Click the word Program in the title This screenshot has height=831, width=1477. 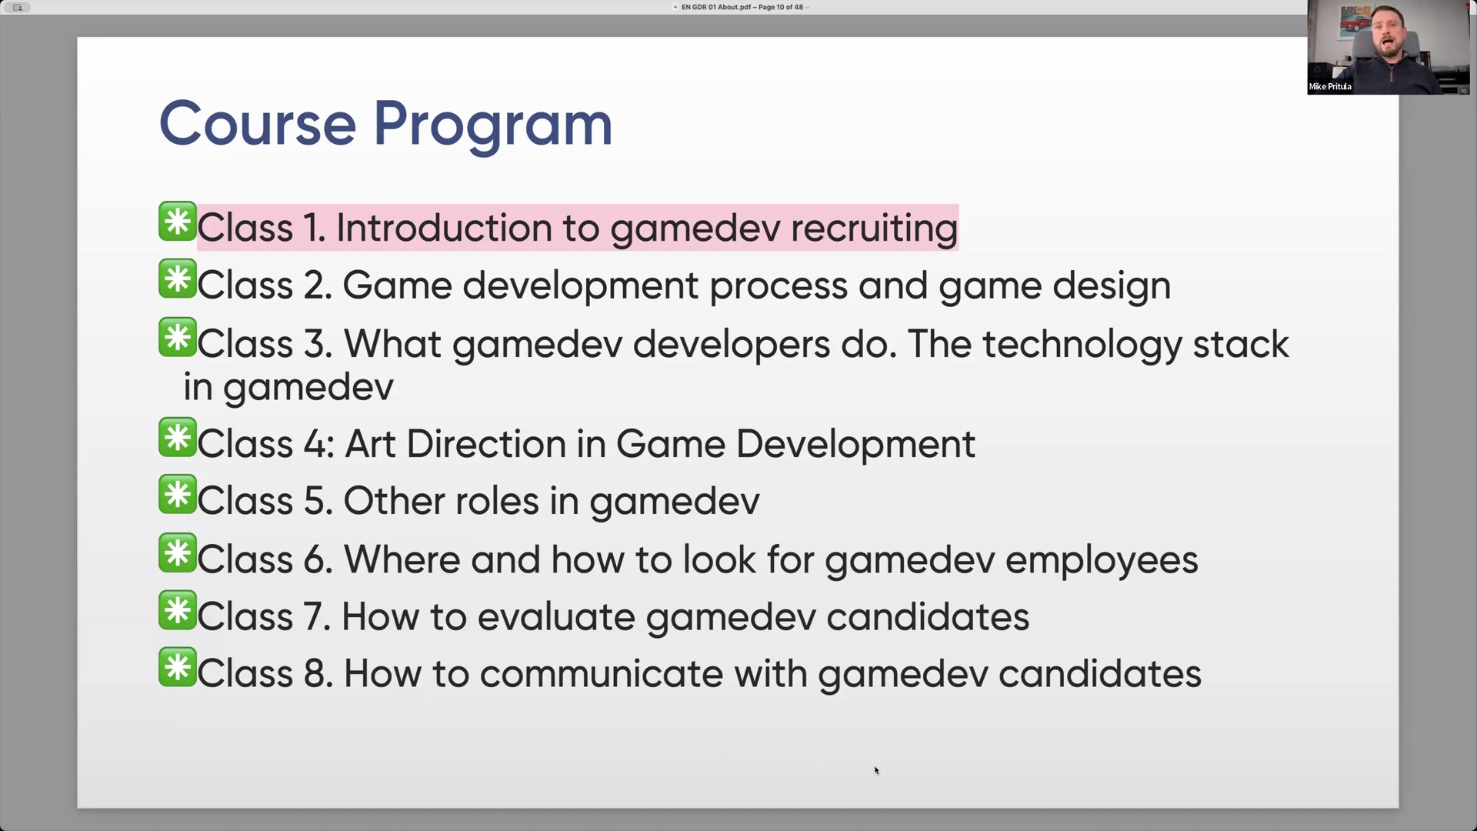(493, 125)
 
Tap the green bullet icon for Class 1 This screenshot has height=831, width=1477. (178, 222)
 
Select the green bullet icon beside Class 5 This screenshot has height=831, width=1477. (178, 494)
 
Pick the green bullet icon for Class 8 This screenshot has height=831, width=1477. (178, 667)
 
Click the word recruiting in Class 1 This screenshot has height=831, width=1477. (874, 229)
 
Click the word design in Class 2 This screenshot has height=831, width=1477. (1112, 286)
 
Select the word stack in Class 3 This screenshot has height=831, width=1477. (1241, 344)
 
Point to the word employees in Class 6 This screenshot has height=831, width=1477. (1102, 560)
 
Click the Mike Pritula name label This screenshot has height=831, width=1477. (1330, 86)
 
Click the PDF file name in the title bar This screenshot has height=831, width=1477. (717, 7)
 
